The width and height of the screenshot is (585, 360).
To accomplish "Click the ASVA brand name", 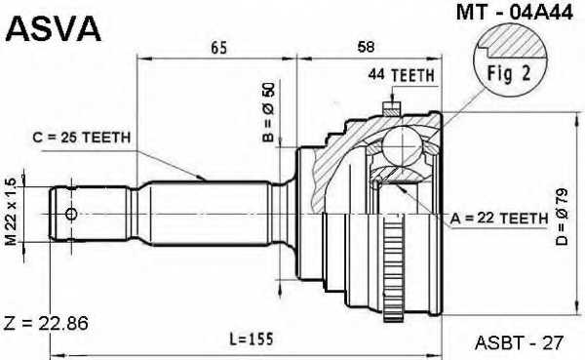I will point(54,28).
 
